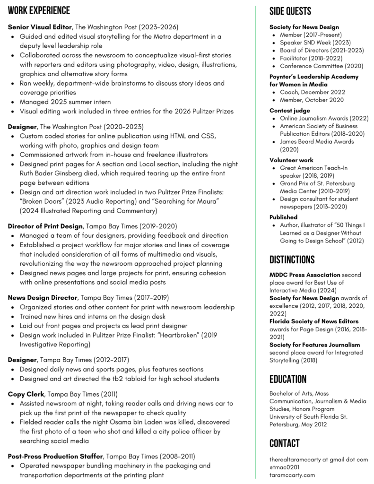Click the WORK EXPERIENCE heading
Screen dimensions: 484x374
click(x=39, y=11)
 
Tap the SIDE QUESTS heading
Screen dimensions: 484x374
click(x=290, y=11)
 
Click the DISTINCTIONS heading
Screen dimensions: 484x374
click(x=292, y=259)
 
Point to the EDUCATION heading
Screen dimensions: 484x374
click(x=288, y=379)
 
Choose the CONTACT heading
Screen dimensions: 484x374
click(x=284, y=443)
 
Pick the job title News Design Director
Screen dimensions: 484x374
click(x=43, y=298)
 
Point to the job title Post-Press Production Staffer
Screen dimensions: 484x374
click(x=55, y=456)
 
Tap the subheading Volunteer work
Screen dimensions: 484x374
click(x=291, y=160)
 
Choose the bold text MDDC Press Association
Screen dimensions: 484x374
click(x=304, y=275)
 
